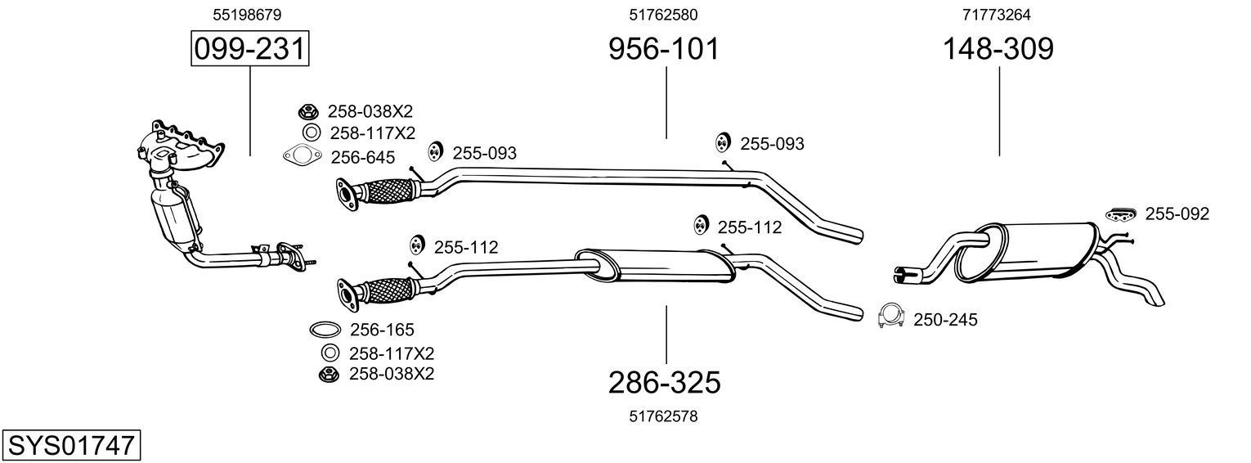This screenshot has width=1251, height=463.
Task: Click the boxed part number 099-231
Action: pos(249,49)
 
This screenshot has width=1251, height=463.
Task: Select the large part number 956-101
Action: pos(664,49)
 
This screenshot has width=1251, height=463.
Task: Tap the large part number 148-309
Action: pos(998,49)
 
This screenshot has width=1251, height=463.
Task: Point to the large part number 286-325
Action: pos(664,382)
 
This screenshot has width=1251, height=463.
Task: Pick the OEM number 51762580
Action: pos(663,14)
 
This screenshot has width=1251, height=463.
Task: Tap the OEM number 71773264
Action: pos(998,14)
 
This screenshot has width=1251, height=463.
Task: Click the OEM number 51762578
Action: pos(663,416)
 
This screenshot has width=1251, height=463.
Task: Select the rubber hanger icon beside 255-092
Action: pos(1121,214)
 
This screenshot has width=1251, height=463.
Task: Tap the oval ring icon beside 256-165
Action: pos(325,330)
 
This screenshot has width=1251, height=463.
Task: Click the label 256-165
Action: pos(382,330)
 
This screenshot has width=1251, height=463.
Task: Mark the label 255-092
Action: pos(1177,214)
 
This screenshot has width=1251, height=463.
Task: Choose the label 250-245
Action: pos(945,319)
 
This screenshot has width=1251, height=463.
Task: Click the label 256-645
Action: pos(362,157)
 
